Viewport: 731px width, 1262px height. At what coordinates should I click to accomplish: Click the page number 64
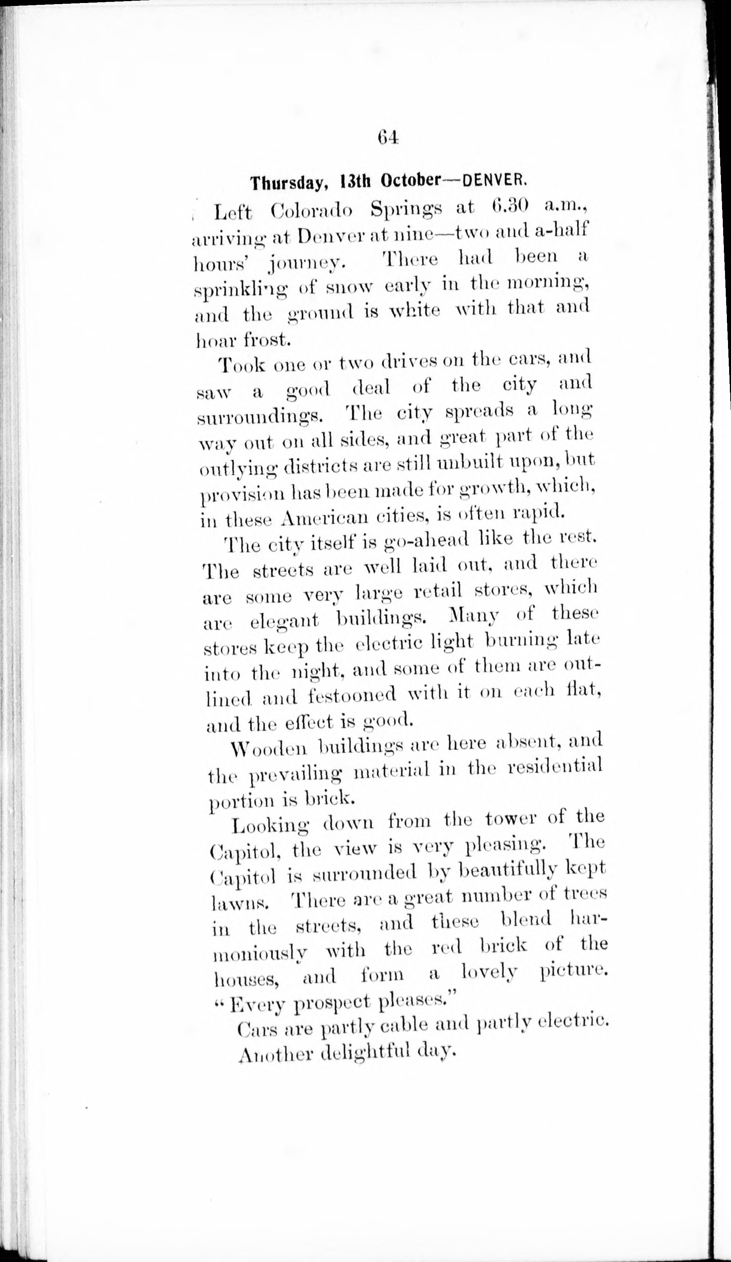tap(388, 137)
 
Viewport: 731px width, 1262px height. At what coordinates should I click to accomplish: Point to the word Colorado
tap(311, 211)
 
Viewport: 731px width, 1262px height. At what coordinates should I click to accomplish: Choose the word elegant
tap(284, 621)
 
